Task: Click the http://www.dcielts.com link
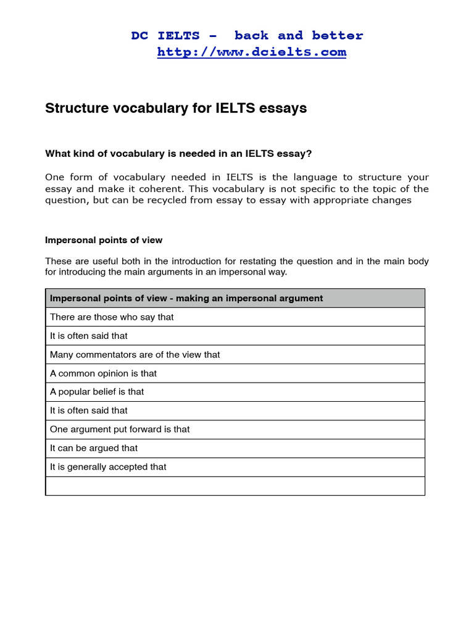[x=251, y=52]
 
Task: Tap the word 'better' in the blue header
[x=338, y=35]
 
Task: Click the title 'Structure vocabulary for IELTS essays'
[x=176, y=109]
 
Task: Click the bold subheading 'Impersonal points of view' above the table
[x=104, y=240]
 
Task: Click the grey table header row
[x=235, y=298]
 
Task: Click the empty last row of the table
[x=235, y=486]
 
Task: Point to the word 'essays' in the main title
[x=285, y=109]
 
